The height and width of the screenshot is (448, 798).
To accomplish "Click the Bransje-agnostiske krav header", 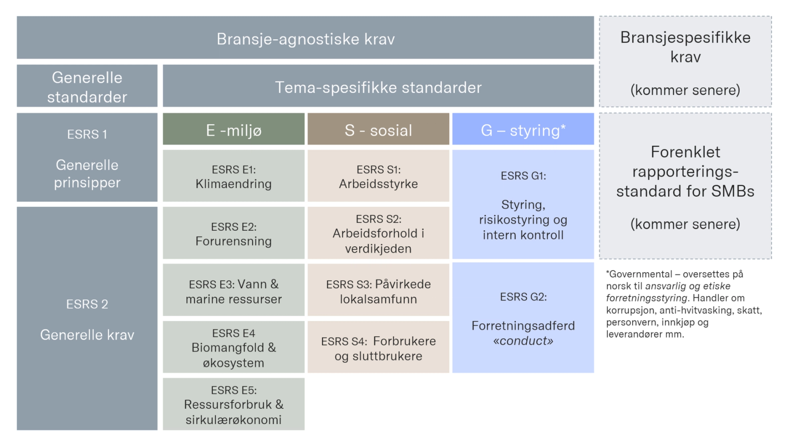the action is point(305,38).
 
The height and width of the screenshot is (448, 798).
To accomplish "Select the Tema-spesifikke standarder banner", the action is point(378,87).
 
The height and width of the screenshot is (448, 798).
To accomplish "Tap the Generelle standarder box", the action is point(87,87).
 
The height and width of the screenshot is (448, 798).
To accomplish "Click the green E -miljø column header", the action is point(233,129).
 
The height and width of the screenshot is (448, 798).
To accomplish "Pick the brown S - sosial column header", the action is point(378,129).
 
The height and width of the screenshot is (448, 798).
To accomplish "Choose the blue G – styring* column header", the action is point(523,129).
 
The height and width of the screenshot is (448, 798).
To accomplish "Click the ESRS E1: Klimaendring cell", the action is point(233,176).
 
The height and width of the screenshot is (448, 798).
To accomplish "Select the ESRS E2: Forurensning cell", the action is point(233,234).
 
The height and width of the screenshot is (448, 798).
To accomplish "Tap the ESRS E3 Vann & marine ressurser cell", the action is point(233,291).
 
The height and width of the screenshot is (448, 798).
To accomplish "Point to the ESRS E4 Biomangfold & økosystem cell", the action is point(233,348).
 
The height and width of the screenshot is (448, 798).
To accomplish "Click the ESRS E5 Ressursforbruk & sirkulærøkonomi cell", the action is point(233,404).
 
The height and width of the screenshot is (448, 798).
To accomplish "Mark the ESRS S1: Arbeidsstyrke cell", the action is point(378,176).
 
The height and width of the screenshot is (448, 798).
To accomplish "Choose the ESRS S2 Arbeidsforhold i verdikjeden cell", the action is point(378,234).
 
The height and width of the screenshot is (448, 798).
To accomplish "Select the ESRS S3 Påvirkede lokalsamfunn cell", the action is point(378,291).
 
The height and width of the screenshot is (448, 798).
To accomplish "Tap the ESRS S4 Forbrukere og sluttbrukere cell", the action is point(378,348).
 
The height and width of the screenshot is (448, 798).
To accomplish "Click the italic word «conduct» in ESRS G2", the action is point(523,341).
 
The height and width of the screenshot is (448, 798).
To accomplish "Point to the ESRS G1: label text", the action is point(523,176).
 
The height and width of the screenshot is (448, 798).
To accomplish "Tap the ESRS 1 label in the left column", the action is point(87,135).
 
